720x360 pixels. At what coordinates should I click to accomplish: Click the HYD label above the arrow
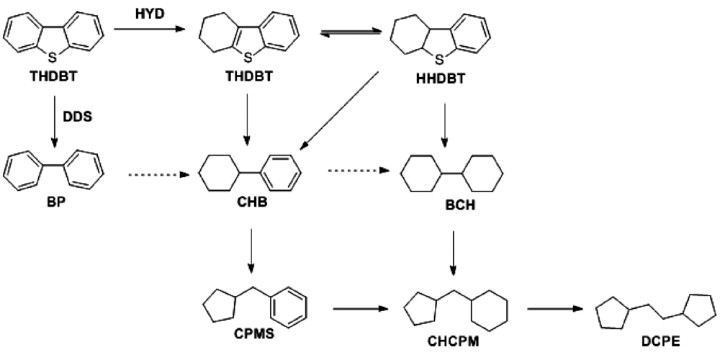[x=147, y=12]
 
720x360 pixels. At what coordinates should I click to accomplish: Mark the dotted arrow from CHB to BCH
[x=356, y=171]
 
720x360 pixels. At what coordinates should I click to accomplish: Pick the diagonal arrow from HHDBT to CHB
[x=338, y=112]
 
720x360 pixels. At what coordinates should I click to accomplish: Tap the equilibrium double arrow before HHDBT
[x=350, y=35]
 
